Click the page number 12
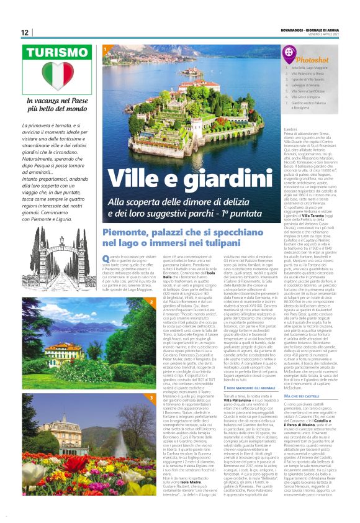coord(24,32)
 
